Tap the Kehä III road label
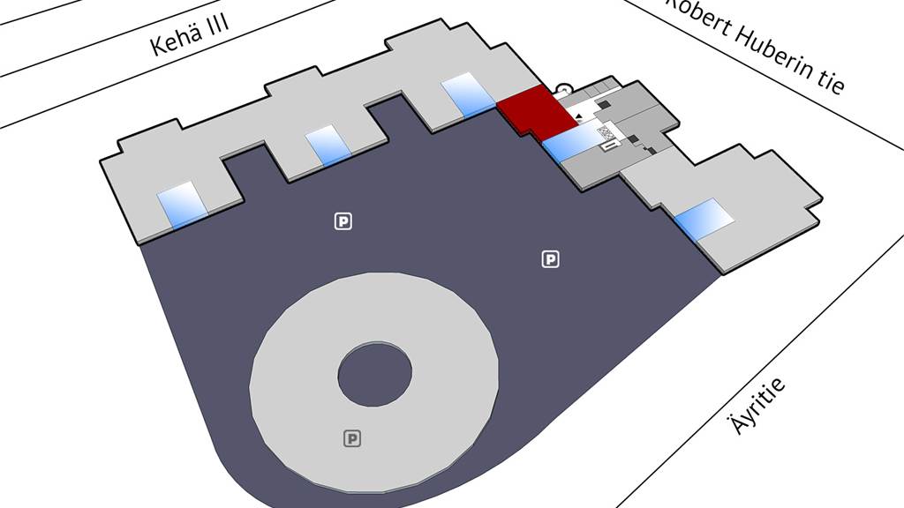click(190, 34)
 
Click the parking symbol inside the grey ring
click(353, 438)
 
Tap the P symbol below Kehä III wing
click(343, 221)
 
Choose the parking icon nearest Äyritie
click(551, 258)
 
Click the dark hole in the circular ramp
click(375, 374)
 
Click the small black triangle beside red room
click(578, 116)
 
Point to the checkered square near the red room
click(606, 134)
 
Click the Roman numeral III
click(218, 23)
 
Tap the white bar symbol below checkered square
click(608, 147)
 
